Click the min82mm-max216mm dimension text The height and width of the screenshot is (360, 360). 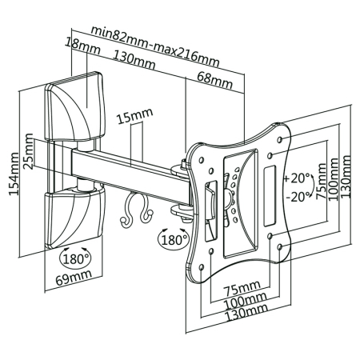tap(154, 33)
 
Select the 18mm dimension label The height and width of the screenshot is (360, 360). tap(78, 47)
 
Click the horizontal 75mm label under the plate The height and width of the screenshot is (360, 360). tap(241, 288)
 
